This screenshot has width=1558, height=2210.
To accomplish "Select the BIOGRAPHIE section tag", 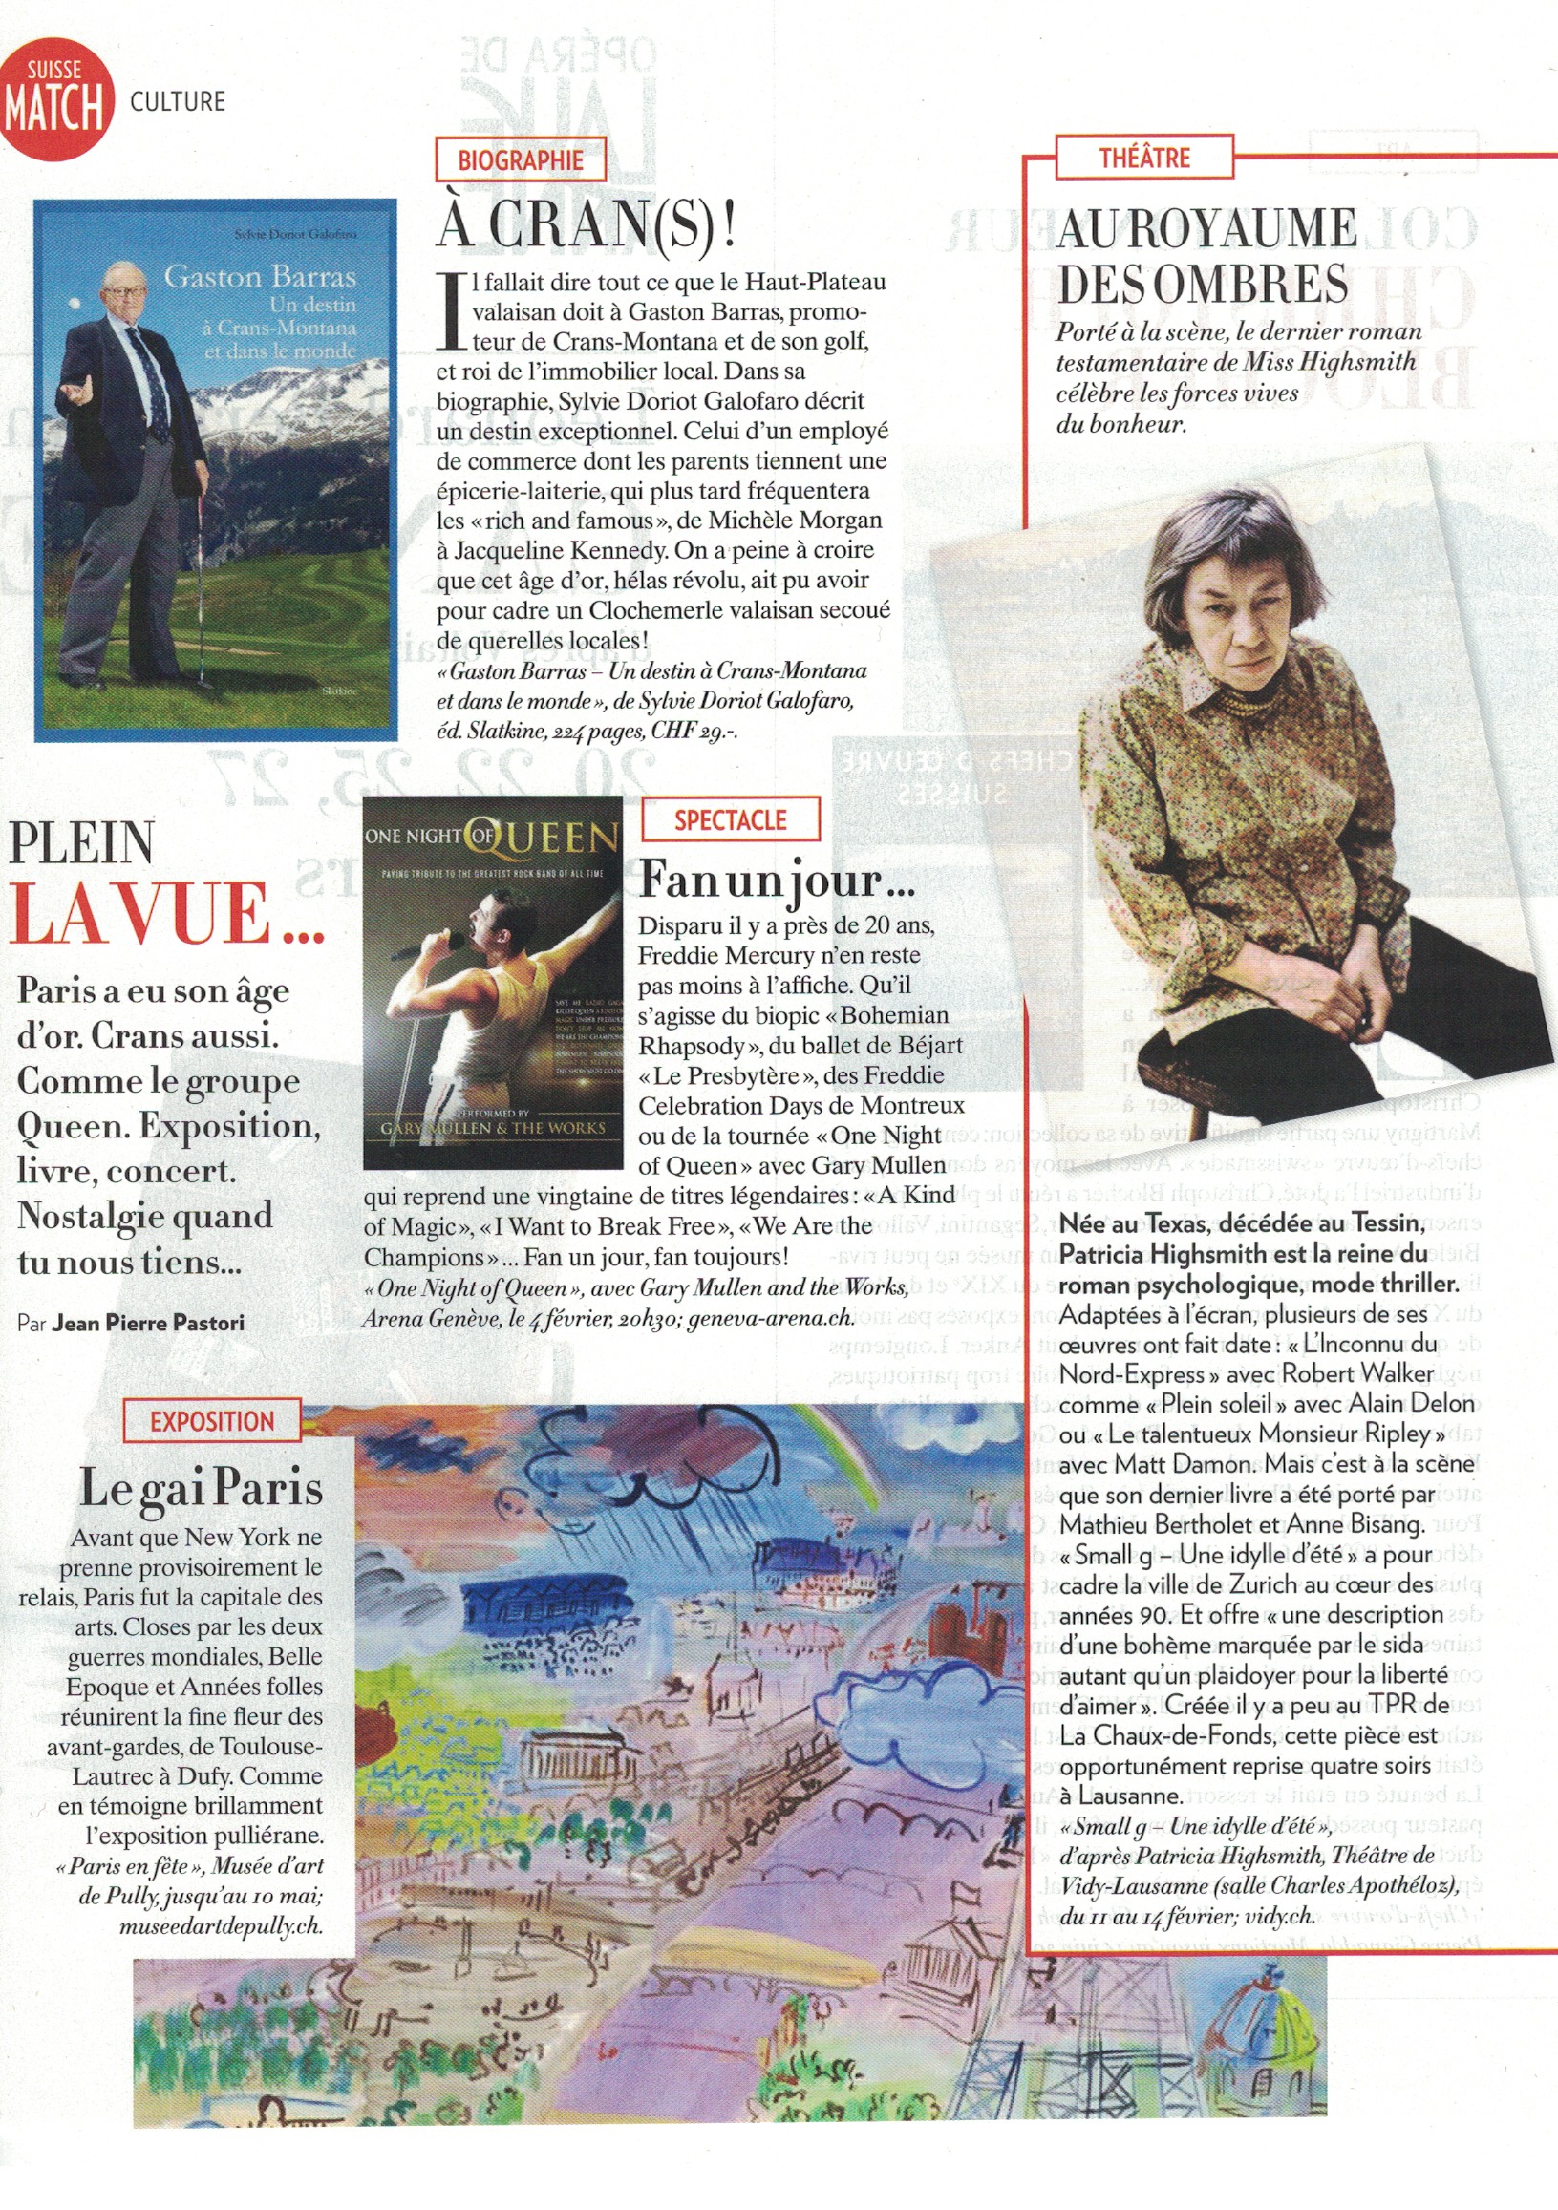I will (520, 159).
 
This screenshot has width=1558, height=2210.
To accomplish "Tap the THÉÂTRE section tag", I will (1144, 158).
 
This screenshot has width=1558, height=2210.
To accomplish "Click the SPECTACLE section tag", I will (730, 820).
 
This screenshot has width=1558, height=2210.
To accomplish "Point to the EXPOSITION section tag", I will (212, 1421).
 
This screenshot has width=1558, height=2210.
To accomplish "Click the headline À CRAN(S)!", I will (587, 223).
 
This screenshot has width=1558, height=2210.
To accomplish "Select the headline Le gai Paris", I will (201, 1487).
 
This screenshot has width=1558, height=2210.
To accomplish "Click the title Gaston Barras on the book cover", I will (260, 277).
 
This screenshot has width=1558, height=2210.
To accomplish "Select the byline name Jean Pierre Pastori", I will (148, 1323).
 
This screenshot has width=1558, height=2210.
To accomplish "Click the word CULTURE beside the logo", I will (177, 102).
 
